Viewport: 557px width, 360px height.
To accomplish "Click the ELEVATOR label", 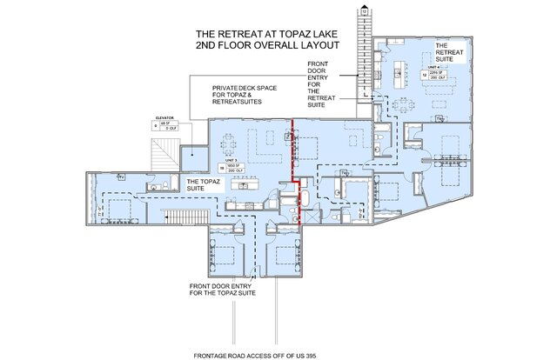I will click(165, 116).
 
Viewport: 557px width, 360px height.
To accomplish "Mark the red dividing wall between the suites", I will click(292, 157).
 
